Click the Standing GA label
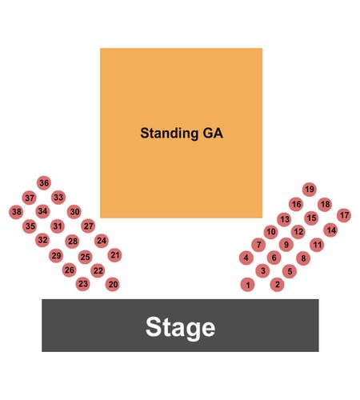[182, 133]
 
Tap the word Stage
[180, 327]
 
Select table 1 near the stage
[247, 285]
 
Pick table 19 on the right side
[310, 190]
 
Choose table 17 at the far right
[344, 215]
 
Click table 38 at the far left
[16, 212]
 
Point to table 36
[44, 183]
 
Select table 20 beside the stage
[113, 284]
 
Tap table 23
[83, 283]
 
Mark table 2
[277, 285]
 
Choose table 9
[286, 245]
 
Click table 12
[298, 232]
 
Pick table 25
[85, 257]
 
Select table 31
[58, 226]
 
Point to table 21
[115, 255]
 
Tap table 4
[246, 258]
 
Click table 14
[330, 230]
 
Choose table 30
[74, 212]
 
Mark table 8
[303, 258]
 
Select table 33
[58, 198]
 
